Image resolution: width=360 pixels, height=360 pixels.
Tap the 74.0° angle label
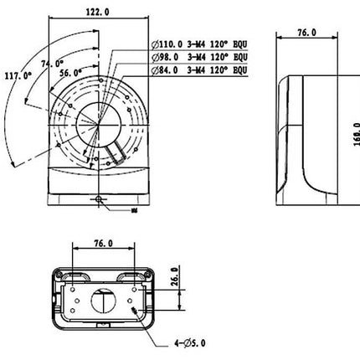click(x=52, y=63)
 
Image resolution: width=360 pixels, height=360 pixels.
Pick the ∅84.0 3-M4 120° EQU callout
click(x=200, y=72)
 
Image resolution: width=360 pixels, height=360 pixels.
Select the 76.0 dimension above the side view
click(x=307, y=33)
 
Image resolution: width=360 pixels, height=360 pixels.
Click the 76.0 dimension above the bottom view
click(x=103, y=244)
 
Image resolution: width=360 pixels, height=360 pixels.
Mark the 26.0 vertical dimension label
click(x=173, y=277)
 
